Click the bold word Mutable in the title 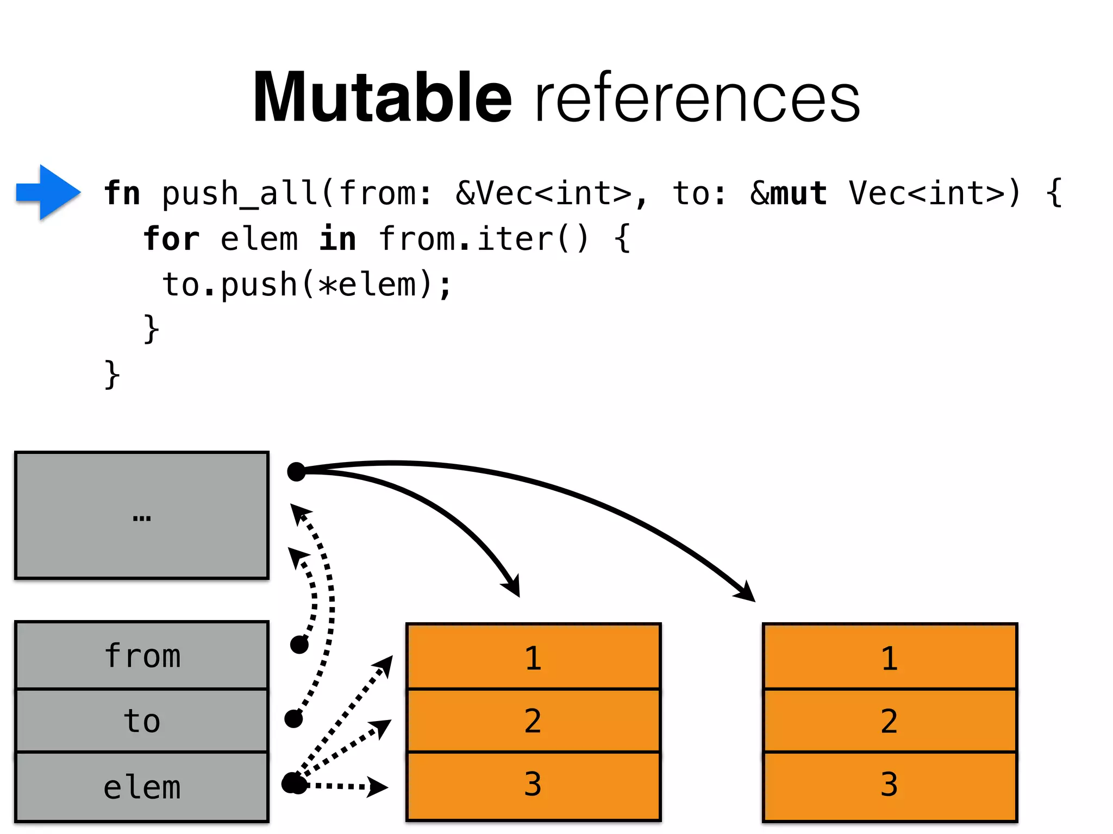coord(383,98)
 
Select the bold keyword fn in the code coord(122,193)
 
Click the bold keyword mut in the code coord(799,193)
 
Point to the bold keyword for coord(172,239)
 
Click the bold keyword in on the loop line coord(337,239)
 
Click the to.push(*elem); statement coord(307,285)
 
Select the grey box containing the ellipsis coord(142,515)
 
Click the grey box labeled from coord(142,656)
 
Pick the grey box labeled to coord(142,721)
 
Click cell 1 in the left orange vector coord(533,658)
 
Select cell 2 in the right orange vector coord(890,721)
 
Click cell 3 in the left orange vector coord(533,785)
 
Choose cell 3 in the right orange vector coord(890,785)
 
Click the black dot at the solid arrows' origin coord(296,472)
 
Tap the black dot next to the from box coord(299,645)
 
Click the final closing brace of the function coord(112,374)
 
